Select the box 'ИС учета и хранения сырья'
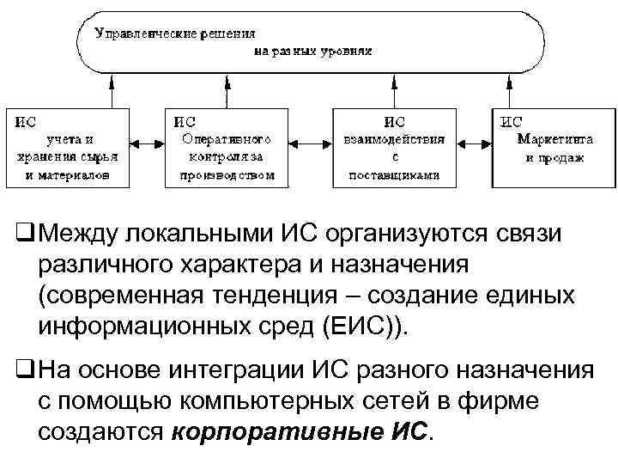pyautogui.click(x=68, y=147)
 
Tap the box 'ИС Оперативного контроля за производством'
pyautogui.click(x=227, y=147)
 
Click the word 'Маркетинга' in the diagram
pyautogui.click(x=555, y=140)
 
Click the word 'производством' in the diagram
pyautogui.click(x=227, y=175)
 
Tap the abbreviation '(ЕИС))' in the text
pyautogui.click(x=365, y=327)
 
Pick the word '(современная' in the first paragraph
pyautogui.click(x=117, y=296)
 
